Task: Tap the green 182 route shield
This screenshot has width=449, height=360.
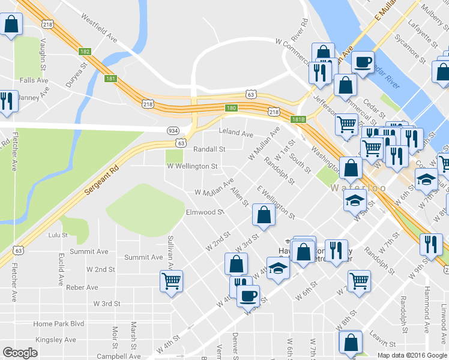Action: point(85,52)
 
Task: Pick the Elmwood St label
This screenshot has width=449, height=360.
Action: point(205,212)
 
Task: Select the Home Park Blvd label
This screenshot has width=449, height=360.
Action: point(59,324)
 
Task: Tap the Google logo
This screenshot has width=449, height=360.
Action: point(20,353)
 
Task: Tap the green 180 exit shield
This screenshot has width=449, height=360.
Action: point(232,108)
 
